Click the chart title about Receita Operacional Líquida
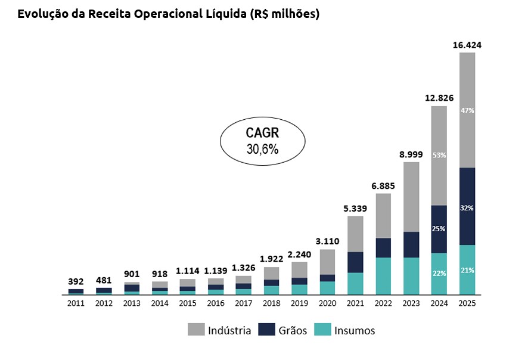(x=169, y=14)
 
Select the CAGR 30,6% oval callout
(x=262, y=141)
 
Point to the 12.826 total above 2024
(x=439, y=98)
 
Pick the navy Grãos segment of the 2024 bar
(x=439, y=229)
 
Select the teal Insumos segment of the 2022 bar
(x=383, y=275)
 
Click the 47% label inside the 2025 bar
(x=467, y=110)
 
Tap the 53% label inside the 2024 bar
(x=439, y=155)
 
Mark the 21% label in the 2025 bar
(x=467, y=270)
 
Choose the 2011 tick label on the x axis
(x=76, y=303)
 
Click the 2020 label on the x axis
(x=327, y=303)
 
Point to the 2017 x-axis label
(x=243, y=303)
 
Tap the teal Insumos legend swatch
(x=322, y=330)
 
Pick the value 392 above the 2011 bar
(x=76, y=281)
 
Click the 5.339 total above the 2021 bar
(x=355, y=208)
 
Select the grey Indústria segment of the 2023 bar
(x=411, y=197)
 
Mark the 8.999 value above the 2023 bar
(x=411, y=154)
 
